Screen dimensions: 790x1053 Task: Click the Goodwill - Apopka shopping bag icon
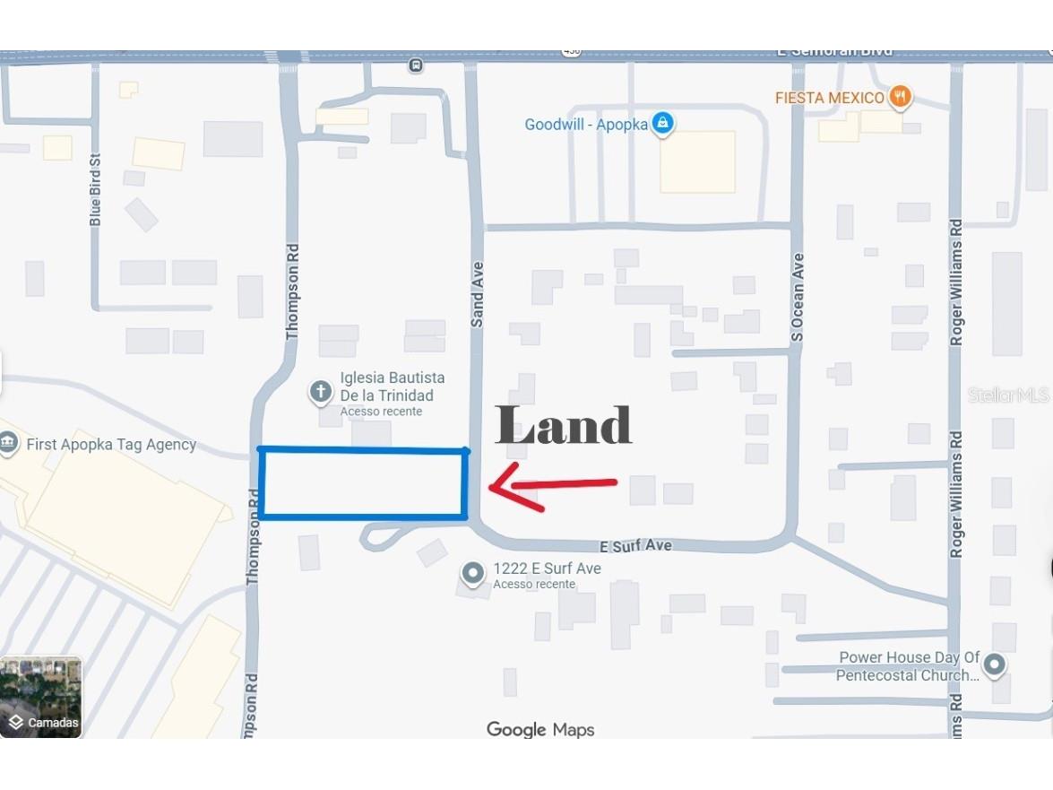pos(662,123)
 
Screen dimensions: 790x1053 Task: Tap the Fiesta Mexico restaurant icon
pos(901,97)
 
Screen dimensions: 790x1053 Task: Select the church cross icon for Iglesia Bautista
pos(320,392)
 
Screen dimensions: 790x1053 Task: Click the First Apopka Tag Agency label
pos(111,445)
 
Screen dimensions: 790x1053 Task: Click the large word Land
pos(564,425)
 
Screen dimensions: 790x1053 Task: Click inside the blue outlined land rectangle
pos(363,483)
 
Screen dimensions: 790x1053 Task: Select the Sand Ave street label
pos(478,294)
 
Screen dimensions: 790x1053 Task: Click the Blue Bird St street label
pos(96,188)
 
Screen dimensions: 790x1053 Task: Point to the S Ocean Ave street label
pos(798,297)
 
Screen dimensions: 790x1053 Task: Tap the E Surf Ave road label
pos(634,546)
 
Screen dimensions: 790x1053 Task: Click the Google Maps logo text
pos(540,730)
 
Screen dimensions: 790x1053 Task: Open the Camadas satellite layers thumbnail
pos(41,697)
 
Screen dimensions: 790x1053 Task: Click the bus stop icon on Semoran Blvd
pos(415,65)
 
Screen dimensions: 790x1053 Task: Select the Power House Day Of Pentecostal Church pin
pos(993,665)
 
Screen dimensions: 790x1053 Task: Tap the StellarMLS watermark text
pos(1007,395)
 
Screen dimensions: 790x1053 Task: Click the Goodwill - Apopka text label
pos(586,125)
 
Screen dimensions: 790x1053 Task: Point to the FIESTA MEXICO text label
pos(830,98)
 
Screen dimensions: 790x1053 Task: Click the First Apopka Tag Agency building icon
pos(8,443)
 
